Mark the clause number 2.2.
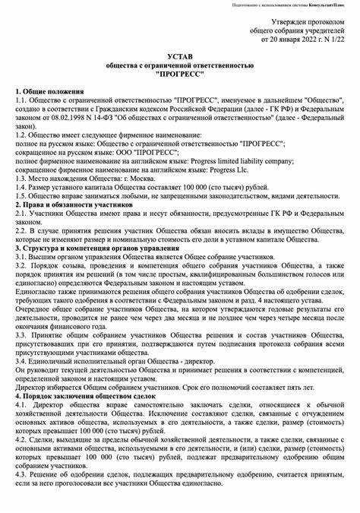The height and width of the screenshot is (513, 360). pos(21,230)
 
